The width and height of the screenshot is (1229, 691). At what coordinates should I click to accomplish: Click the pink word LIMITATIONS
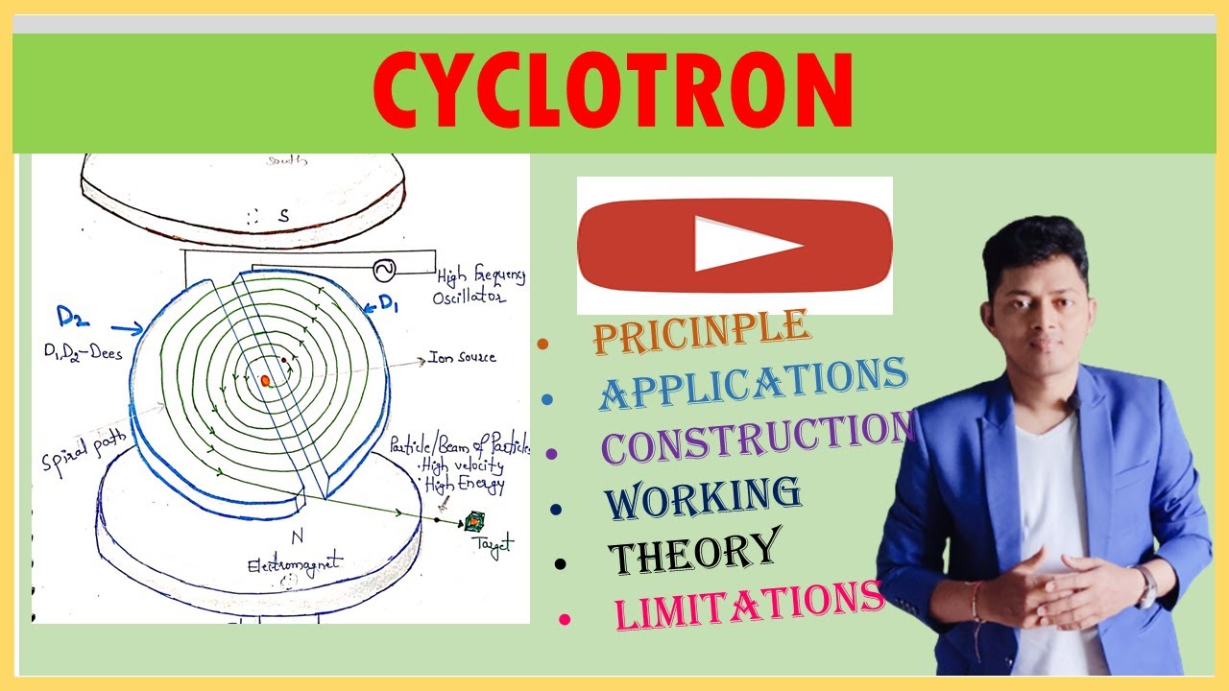[x=749, y=604]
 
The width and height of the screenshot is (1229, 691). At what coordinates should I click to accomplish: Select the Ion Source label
[x=462, y=357]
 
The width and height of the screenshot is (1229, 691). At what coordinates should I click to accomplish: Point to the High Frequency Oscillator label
[x=481, y=285]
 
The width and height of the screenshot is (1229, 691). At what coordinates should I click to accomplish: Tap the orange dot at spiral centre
[x=266, y=380]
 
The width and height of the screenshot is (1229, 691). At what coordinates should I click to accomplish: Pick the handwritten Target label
[x=492, y=545]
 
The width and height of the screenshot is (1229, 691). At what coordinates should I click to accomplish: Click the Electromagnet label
[x=282, y=564]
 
